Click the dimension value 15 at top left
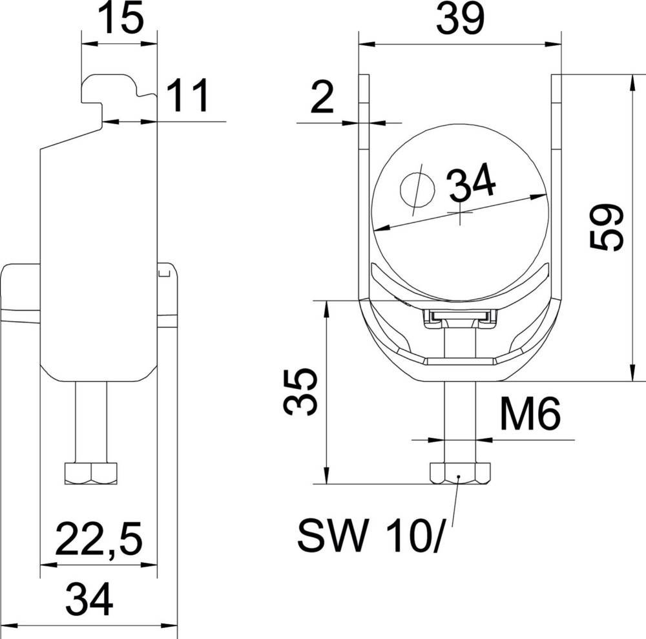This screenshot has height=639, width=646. tap(121, 19)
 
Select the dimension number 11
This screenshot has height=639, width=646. tap(188, 97)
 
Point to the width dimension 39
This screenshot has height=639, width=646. tap(460, 20)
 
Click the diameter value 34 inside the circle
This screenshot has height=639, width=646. tap(472, 183)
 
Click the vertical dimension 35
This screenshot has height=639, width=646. tap(300, 392)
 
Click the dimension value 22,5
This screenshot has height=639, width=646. tap(98, 540)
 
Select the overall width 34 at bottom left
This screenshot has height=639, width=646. tap(90, 600)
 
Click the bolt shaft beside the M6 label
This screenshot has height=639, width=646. tap(459, 420)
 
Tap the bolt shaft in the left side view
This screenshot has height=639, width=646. tap(92, 420)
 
